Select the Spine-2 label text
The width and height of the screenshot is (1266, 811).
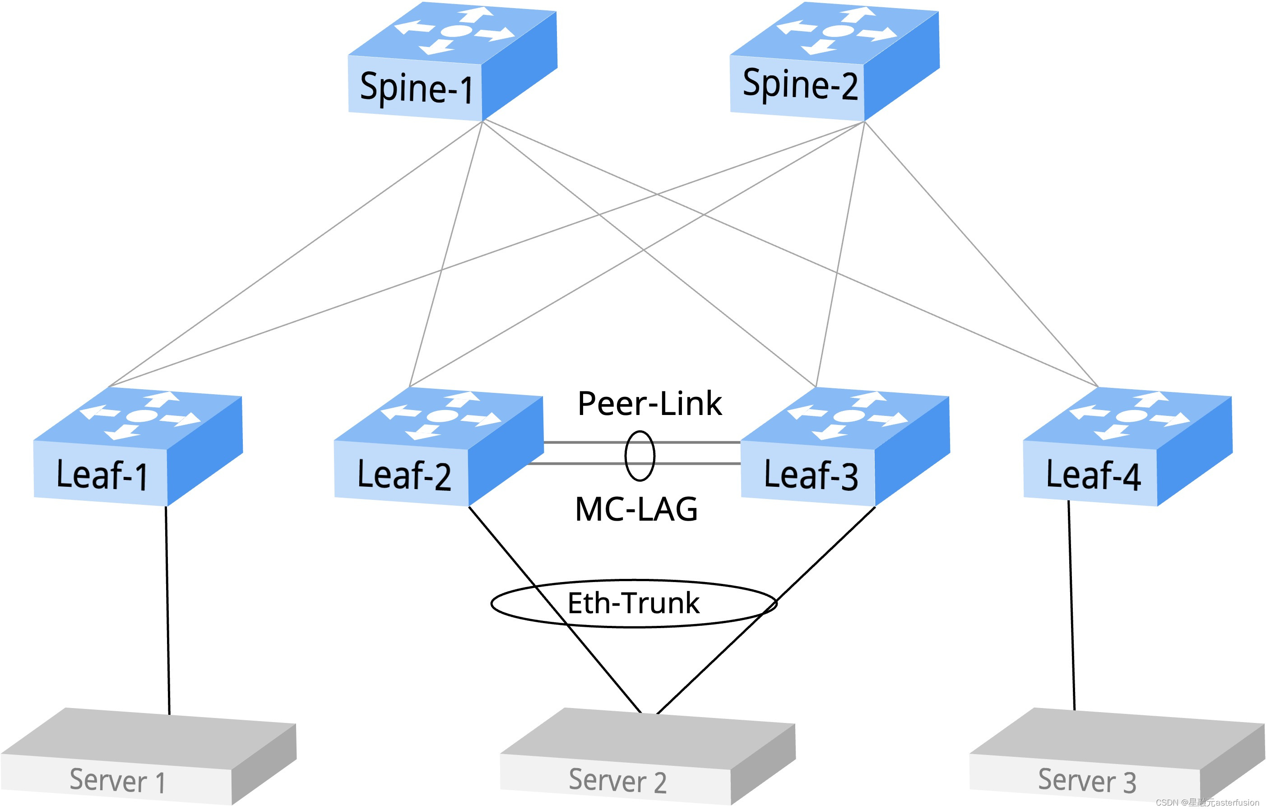pos(800,84)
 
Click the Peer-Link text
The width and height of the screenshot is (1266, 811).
pos(649,404)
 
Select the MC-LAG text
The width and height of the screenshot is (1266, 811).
pos(636,509)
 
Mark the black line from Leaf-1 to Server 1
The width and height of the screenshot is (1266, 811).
pos(167,611)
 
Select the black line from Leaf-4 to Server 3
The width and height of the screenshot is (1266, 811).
pos(1071,606)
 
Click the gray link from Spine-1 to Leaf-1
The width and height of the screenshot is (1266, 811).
pos(295,254)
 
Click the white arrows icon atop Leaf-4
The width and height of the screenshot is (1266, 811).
pos(1130,416)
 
